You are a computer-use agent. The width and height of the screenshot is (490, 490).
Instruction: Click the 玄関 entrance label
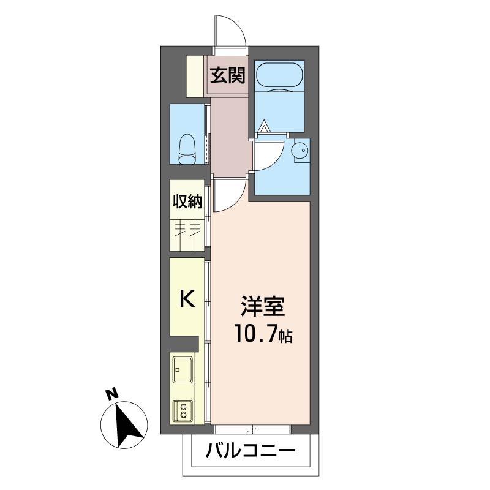tap(227, 75)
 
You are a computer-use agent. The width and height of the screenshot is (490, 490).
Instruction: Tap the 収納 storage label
tap(187, 202)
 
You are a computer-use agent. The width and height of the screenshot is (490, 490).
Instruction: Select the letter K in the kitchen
tap(187, 298)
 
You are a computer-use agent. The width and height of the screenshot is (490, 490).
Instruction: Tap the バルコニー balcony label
tap(251, 451)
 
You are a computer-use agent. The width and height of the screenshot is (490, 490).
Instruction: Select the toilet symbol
tap(187, 149)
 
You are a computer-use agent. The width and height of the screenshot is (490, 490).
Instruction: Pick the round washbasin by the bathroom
tap(300, 149)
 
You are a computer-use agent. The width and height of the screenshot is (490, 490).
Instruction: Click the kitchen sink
tap(183, 370)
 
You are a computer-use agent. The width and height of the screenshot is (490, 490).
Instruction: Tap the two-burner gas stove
tap(183, 410)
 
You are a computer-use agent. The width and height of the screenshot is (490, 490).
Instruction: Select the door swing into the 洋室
tap(235, 200)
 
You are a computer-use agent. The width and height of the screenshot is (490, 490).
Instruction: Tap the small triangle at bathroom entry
tap(265, 127)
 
